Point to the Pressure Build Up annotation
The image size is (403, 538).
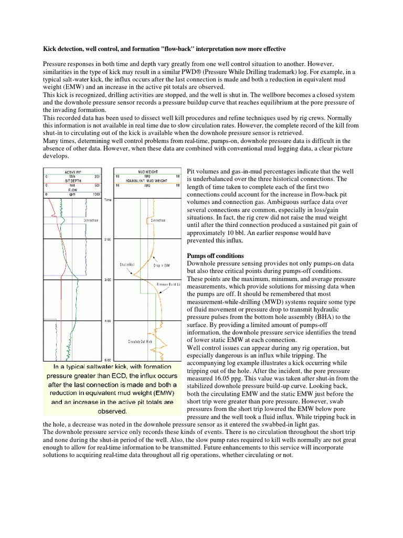coord(169,284)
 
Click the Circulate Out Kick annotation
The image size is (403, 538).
coord(141,342)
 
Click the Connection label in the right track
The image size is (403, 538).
coord(158,220)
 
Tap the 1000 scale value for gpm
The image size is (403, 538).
coord(96,194)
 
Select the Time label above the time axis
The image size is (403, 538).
coord(108,200)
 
